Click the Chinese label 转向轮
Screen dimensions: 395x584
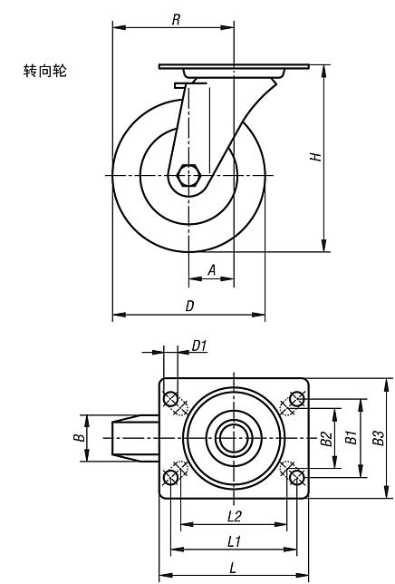pos(44,71)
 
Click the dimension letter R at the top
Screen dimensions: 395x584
pos(177,19)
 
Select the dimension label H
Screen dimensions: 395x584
pos(316,156)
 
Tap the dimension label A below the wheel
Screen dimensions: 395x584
pos(212,269)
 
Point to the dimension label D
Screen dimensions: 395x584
pos(189,306)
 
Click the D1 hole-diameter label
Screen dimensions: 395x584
pos(199,346)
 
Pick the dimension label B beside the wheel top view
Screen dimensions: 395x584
pos(79,437)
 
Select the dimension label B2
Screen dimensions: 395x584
pos(326,438)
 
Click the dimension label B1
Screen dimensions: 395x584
pos(352,437)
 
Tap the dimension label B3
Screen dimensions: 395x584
pos(379,438)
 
